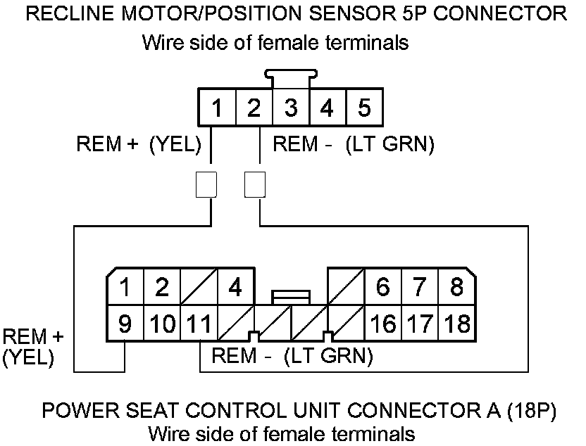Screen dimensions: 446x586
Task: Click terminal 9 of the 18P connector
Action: coord(125,324)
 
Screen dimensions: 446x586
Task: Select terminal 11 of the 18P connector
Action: coord(199,324)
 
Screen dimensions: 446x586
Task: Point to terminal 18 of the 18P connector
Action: coord(457,324)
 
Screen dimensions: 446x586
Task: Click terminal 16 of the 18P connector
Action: coord(382,324)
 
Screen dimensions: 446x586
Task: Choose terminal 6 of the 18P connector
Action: coord(382,287)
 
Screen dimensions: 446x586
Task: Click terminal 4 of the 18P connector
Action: coord(235,287)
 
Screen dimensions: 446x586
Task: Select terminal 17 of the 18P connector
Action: coord(420,324)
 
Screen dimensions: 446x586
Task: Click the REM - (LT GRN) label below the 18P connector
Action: coord(292,355)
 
